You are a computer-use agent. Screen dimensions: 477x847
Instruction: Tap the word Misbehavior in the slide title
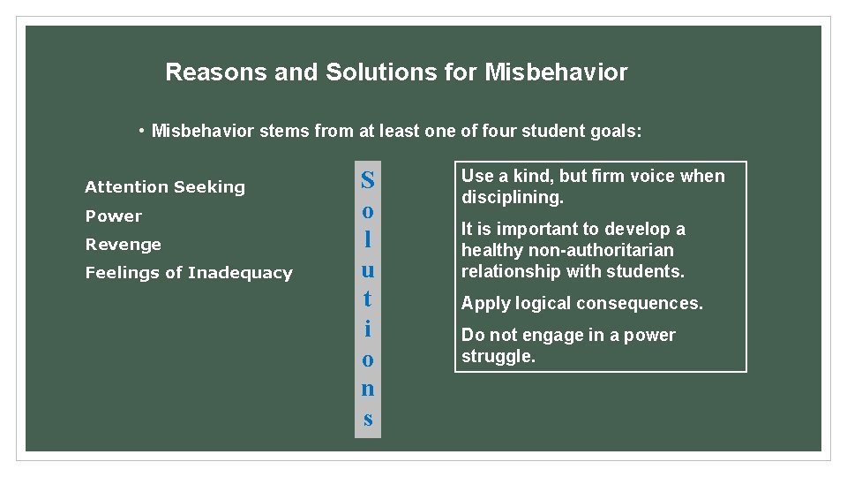tap(556, 72)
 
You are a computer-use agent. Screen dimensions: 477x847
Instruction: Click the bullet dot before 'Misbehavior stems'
tap(142, 132)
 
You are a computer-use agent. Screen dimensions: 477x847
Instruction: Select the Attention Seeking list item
tap(165, 186)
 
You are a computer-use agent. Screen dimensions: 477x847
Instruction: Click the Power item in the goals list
tap(113, 216)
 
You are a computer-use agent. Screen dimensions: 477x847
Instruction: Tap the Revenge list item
tap(123, 244)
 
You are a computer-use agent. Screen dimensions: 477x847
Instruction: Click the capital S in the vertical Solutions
tap(368, 181)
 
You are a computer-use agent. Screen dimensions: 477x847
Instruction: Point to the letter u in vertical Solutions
tap(368, 269)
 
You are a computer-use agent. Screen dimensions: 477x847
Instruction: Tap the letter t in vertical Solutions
tap(368, 299)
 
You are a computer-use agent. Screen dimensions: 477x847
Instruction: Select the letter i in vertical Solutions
tap(368, 329)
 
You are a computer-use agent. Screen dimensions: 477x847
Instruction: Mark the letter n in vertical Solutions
tap(368, 388)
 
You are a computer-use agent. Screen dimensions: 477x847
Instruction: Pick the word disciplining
tap(512, 197)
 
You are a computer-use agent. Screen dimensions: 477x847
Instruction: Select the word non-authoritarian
tap(603, 250)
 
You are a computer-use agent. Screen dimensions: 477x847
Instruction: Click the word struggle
tap(498, 356)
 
